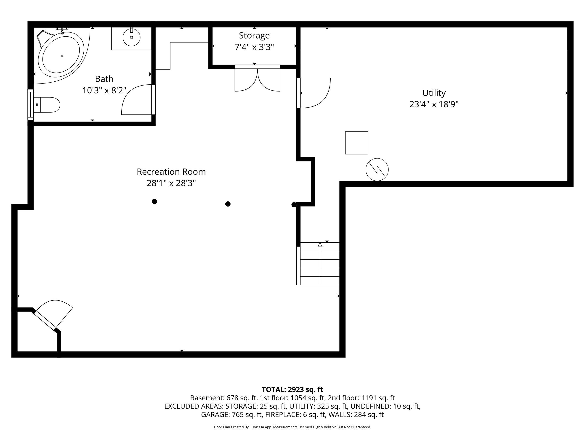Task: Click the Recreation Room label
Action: tap(171, 172)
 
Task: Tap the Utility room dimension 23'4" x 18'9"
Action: tap(434, 104)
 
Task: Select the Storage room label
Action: tap(254, 35)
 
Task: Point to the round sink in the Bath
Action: tap(131, 37)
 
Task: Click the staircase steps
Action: tap(318, 264)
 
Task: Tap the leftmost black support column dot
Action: tap(154, 201)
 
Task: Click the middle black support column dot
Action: tap(228, 204)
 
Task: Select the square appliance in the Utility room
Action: tap(356, 143)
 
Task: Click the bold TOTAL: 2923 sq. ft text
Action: tap(292, 390)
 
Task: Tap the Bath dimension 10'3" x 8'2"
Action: tap(104, 91)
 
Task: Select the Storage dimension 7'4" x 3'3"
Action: tap(254, 47)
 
